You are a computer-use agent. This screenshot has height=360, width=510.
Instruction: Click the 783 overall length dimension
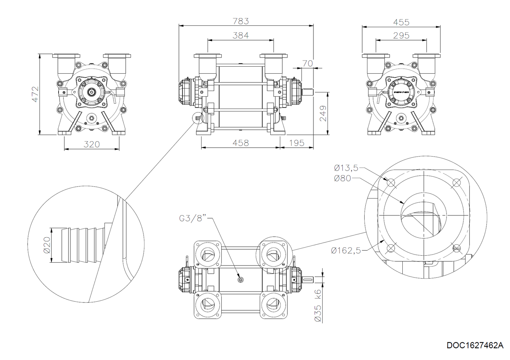point(241,21)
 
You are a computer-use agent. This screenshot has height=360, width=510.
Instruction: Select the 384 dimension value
point(241,36)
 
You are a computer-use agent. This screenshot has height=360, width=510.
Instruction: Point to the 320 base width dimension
point(91,144)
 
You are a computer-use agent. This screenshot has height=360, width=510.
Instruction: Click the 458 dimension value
point(241,143)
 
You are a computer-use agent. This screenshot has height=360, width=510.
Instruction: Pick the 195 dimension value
point(296,143)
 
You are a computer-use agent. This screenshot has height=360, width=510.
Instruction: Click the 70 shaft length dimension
point(307,63)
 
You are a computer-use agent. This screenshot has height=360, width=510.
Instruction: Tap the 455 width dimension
point(401,22)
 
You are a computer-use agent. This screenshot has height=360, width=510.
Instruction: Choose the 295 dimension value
point(401,36)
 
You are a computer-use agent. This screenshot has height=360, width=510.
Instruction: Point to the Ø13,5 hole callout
point(346,168)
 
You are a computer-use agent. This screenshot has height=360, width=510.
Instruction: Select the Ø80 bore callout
point(343,178)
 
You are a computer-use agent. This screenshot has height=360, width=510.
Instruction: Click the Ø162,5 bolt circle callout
point(346,250)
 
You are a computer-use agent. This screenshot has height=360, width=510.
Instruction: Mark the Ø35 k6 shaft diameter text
point(318,305)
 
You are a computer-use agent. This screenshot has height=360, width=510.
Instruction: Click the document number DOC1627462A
point(475,345)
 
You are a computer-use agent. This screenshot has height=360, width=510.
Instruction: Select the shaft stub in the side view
point(307,92)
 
